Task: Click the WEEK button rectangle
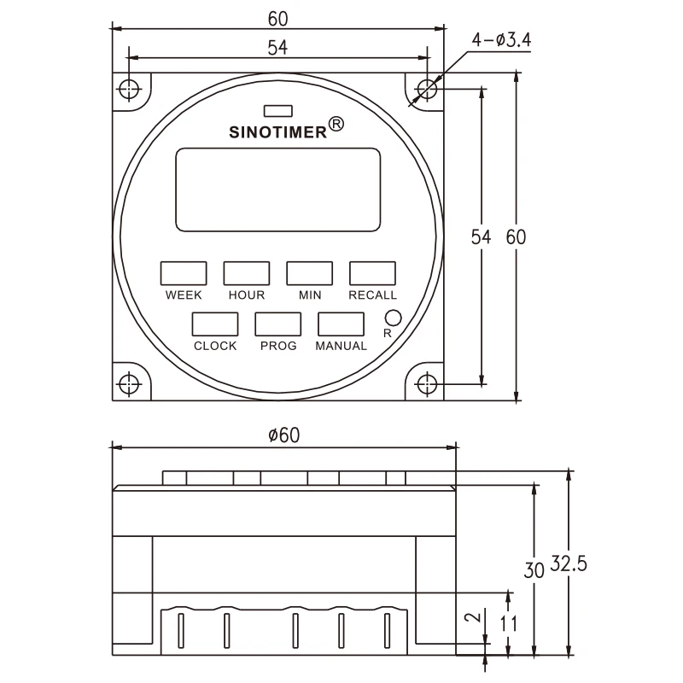click(184, 272)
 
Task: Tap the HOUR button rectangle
click(247, 272)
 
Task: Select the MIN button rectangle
click(309, 272)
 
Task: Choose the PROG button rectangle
click(278, 324)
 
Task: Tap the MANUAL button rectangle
click(341, 324)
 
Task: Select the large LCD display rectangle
click(278, 189)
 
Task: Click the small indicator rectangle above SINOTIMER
click(278, 110)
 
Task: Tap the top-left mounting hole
click(129, 88)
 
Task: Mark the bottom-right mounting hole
click(427, 383)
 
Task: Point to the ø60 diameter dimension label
click(284, 435)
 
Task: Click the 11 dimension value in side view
click(509, 622)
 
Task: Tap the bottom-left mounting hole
click(129, 383)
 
